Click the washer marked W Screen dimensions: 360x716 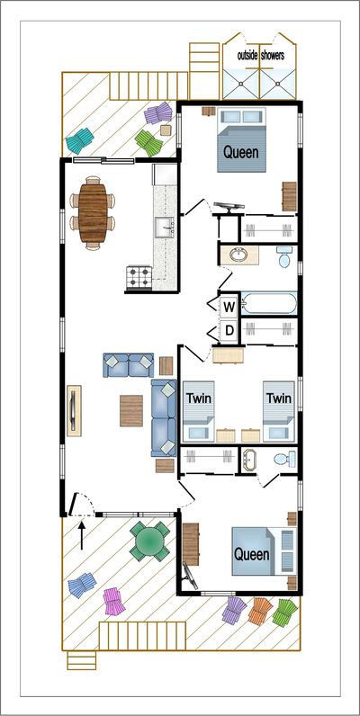tap(229, 308)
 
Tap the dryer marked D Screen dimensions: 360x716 tap(229, 330)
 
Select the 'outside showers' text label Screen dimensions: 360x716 tap(261, 56)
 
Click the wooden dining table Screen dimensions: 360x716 tap(93, 213)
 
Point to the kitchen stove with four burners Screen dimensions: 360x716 tap(139, 277)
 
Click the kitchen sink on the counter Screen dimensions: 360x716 tap(165, 228)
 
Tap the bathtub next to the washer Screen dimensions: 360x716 tap(268, 303)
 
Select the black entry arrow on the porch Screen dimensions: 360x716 tap(82, 535)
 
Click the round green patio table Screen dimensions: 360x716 tap(149, 541)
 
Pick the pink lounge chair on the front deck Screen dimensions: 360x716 tap(113, 602)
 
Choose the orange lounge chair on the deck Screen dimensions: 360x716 tap(260, 611)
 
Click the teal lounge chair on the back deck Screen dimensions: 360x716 tap(79, 140)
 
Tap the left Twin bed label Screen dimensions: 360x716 tap(199, 398)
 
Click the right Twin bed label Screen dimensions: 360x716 tap(279, 398)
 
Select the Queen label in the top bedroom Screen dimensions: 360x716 tap(241, 152)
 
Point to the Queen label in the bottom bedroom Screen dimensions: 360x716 tap(252, 554)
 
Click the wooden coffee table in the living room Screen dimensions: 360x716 tap(131, 411)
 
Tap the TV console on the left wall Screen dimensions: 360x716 tap(74, 410)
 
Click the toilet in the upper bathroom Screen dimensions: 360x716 tap(283, 256)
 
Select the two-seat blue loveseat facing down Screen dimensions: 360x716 tap(129, 365)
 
